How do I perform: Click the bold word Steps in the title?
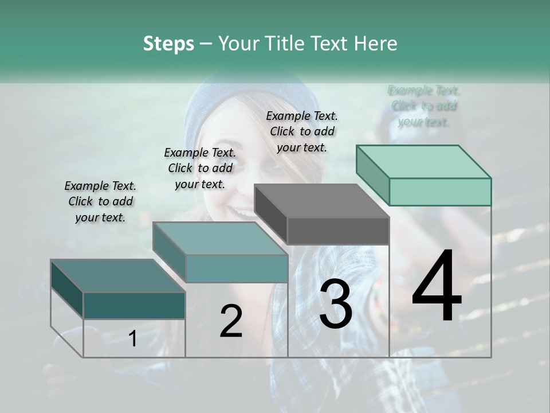pos(168,44)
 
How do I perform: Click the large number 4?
pos(437,287)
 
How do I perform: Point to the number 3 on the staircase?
pos(335,304)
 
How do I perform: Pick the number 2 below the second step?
pos(231,321)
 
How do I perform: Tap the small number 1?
pos(133,338)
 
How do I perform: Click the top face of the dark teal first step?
pos(117,275)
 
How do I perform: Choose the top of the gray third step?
pos(321,201)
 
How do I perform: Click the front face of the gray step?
pos(338,231)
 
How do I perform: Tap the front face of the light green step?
pos(440,192)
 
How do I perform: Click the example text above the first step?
pos(100,201)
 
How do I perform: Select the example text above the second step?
pos(200,168)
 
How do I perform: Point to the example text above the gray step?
pos(302,131)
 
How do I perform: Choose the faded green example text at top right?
pos(424,106)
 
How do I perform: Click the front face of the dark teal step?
pos(134,305)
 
